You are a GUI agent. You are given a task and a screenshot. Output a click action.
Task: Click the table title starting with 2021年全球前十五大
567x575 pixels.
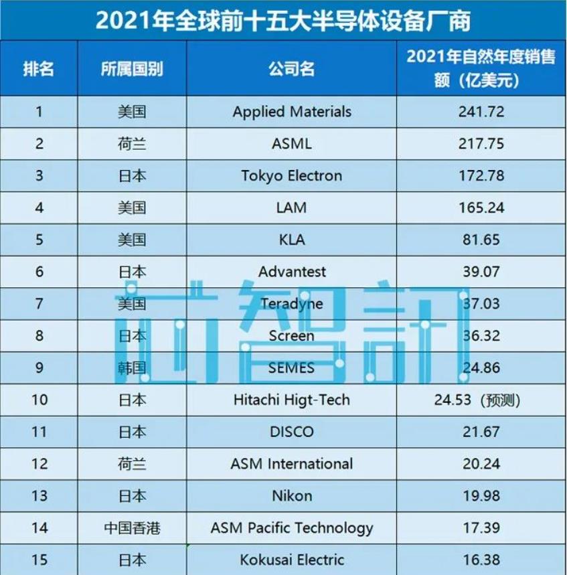(283, 21)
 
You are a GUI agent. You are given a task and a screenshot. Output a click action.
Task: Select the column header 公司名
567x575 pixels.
(291, 69)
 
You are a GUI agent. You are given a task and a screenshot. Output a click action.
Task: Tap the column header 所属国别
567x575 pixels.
(132, 69)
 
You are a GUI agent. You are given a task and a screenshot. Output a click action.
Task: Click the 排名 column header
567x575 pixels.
(39, 69)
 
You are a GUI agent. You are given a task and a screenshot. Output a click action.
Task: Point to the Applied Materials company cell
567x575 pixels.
(292, 112)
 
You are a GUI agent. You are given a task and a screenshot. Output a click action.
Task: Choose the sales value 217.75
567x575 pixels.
(481, 143)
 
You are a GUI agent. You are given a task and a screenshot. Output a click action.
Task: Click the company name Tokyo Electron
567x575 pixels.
(292, 176)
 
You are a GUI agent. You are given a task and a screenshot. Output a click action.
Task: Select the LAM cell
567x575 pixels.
(292, 208)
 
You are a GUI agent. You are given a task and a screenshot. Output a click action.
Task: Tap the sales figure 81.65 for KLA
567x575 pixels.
(481, 240)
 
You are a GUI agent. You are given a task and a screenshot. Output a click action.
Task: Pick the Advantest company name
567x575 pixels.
(292, 272)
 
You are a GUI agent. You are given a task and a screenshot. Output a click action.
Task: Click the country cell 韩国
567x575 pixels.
(132, 367)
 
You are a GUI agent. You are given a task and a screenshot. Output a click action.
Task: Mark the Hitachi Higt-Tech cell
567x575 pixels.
(292, 400)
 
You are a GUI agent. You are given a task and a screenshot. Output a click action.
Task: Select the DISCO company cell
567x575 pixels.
(292, 432)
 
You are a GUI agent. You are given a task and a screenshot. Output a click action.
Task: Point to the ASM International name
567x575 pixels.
(292, 463)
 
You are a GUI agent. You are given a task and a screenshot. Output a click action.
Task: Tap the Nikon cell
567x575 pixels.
(292, 495)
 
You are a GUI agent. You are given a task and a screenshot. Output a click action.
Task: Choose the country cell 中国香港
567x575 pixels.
(132, 527)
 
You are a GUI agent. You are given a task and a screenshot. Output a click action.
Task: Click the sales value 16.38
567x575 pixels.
(481, 559)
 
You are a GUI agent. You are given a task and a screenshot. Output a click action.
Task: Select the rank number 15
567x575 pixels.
(39, 559)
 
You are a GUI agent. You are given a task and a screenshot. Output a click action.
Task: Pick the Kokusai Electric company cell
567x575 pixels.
(292, 559)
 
